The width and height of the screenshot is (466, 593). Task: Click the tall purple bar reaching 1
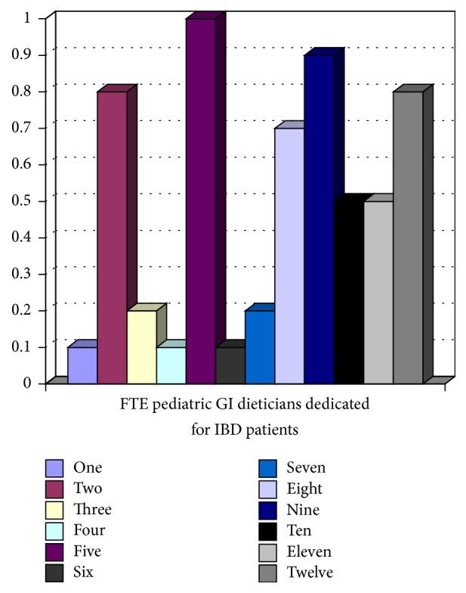(201, 200)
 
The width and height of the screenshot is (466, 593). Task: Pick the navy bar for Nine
(319, 219)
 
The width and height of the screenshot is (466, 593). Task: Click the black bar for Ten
(348, 292)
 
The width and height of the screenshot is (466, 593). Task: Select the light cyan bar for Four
(171, 365)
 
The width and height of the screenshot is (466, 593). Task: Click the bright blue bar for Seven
(260, 346)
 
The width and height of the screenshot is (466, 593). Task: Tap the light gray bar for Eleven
(378, 292)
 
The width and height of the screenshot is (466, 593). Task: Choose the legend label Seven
(306, 468)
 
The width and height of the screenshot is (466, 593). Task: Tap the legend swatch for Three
(53, 510)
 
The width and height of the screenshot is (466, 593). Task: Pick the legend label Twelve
(309, 573)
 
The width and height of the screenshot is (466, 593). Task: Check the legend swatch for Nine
(267, 510)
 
